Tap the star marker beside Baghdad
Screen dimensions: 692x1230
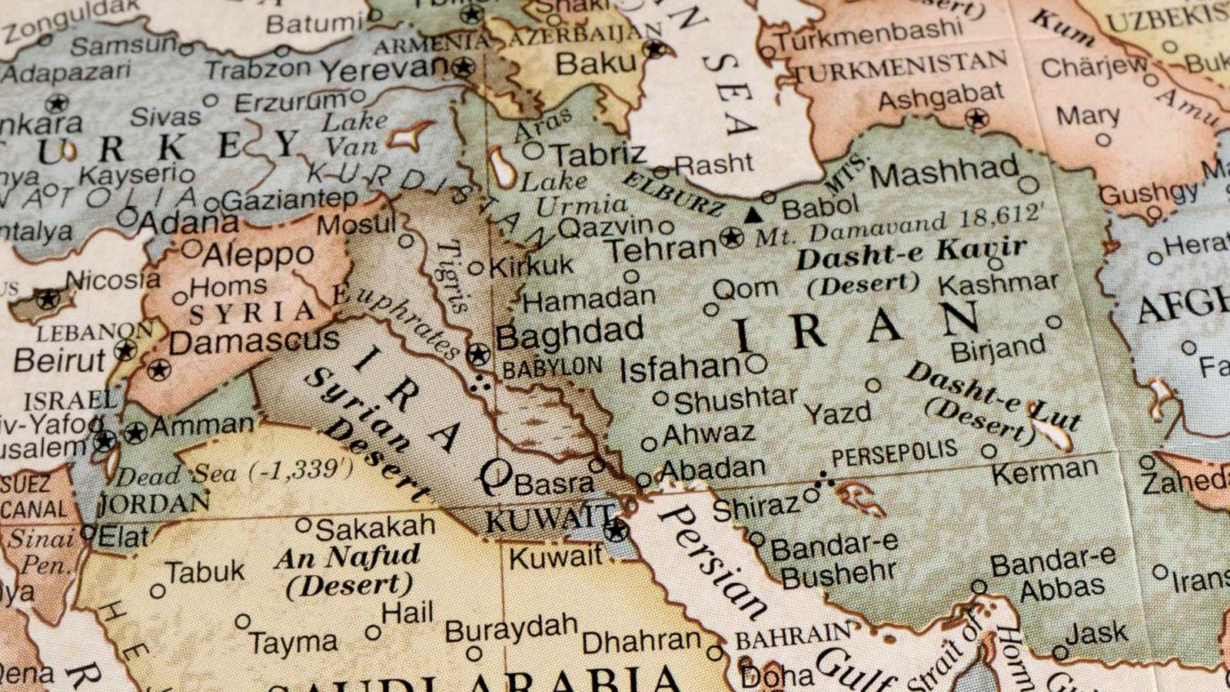coord(478,354)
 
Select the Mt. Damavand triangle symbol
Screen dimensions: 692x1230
coord(754,215)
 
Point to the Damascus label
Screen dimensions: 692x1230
coord(254,341)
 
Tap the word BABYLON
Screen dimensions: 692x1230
coord(552,368)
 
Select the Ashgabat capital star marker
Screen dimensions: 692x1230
coord(977,118)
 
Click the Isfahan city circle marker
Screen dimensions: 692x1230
coord(756,364)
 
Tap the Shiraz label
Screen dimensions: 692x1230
coord(756,507)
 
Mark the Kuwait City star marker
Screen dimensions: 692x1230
coord(616,530)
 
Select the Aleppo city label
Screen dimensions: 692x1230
coord(258,254)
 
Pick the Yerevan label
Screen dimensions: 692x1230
coord(384,70)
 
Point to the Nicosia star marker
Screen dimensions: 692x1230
coord(48,298)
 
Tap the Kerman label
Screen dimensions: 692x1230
coord(1045,471)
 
